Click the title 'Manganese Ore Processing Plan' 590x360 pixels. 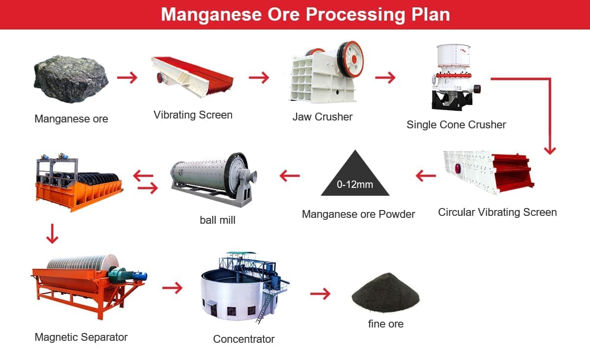point(305,14)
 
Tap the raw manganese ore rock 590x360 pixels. point(71,79)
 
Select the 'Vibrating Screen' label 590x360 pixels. point(193,115)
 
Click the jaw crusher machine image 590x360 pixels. point(326,72)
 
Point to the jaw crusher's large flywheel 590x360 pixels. point(350,60)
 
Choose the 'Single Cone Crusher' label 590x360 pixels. point(456,124)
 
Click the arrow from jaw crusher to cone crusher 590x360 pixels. point(385,78)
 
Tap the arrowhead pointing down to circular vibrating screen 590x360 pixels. point(550,151)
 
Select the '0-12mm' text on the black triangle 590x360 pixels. point(355,184)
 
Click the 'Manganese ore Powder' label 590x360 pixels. point(358,214)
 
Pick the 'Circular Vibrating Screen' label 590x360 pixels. point(497,212)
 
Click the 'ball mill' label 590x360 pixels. point(217,220)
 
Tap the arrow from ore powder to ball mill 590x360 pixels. point(290,176)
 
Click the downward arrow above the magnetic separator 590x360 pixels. point(52,234)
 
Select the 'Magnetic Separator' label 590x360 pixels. point(81,337)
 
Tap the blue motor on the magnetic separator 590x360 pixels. point(140,276)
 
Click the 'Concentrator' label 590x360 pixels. point(244,339)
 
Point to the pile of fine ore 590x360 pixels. point(385,293)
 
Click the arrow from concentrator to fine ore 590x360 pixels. point(320,294)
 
